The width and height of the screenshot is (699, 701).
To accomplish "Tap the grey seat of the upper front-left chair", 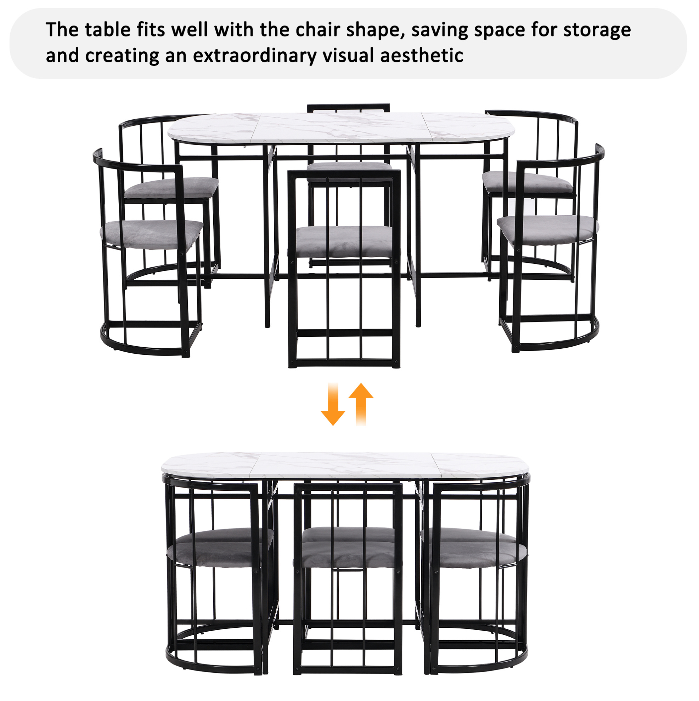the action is pyautogui.click(x=151, y=234).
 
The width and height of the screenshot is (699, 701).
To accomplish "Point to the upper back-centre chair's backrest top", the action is pyautogui.click(x=348, y=108).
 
